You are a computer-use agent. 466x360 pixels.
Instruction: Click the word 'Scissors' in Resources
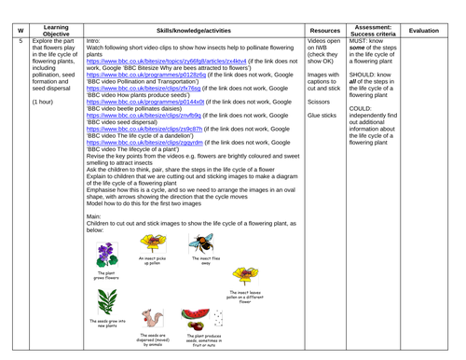coord(319,101)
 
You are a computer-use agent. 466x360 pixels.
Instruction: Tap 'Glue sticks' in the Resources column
coord(322,117)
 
